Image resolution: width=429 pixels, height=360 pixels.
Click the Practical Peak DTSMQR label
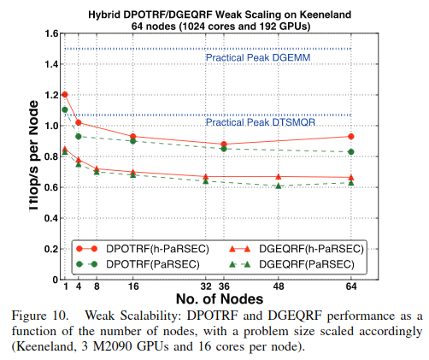(251, 124)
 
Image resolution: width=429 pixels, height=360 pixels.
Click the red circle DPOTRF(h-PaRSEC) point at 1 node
(65, 94)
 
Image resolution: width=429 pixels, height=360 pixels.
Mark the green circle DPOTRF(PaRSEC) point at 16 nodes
(132, 140)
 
